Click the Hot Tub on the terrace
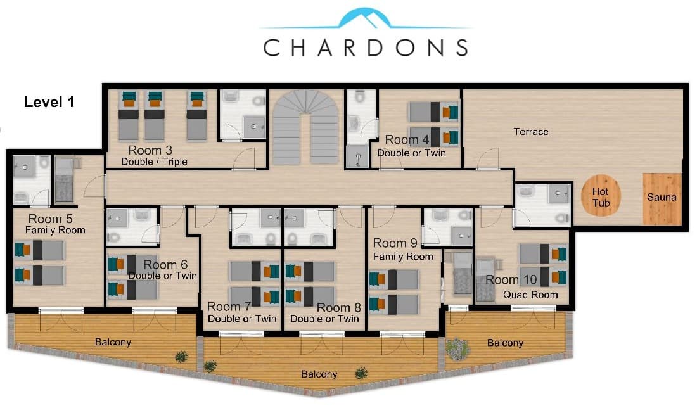[x=601, y=196]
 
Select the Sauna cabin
[x=662, y=198]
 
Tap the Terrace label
[x=531, y=132]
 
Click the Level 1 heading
[x=49, y=102]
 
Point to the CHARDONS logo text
[x=366, y=47]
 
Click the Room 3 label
[x=150, y=150]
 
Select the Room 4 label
[x=407, y=139]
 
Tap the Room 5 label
[x=51, y=219]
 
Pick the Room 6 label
[x=165, y=265]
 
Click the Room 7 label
[x=229, y=307]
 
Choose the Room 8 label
[x=338, y=307]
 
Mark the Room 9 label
[x=395, y=243]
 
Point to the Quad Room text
[x=530, y=295]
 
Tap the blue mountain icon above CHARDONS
[x=364, y=18]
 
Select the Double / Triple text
[x=154, y=162]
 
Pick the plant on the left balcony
[x=181, y=356]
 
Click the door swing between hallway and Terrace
[x=488, y=158]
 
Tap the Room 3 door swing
[x=244, y=158]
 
